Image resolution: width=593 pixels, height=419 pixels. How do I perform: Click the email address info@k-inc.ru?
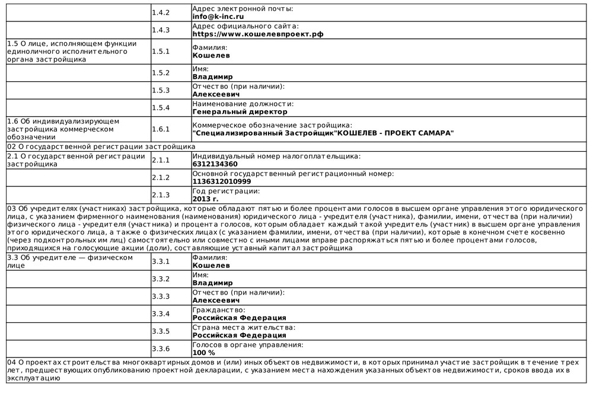click(218, 17)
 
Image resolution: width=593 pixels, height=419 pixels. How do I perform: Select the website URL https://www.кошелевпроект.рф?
click(258, 34)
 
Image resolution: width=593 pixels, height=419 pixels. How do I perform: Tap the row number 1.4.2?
click(161, 12)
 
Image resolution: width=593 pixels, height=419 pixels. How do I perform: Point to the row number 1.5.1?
click(161, 52)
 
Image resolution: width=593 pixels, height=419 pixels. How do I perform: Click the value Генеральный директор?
click(240, 111)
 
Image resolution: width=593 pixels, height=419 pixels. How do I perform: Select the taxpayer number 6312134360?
click(215, 164)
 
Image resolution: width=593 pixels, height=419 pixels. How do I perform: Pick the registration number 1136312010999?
click(222, 181)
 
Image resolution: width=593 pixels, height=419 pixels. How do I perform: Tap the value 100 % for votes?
click(204, 353)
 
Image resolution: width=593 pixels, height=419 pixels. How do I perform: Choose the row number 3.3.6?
click(161, 349)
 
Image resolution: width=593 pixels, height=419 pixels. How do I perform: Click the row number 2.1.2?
click(161, 178)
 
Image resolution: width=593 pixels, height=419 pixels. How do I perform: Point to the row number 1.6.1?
click(161, 129)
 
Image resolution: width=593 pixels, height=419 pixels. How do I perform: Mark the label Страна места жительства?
click(244, 327)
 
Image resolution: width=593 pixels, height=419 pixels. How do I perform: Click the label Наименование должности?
click(243, 104)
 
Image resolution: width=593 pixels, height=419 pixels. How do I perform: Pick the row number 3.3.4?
click(161, 314)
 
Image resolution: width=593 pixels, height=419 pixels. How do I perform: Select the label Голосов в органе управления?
click(248, 345)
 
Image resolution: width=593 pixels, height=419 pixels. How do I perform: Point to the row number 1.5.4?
click(161, 108)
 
